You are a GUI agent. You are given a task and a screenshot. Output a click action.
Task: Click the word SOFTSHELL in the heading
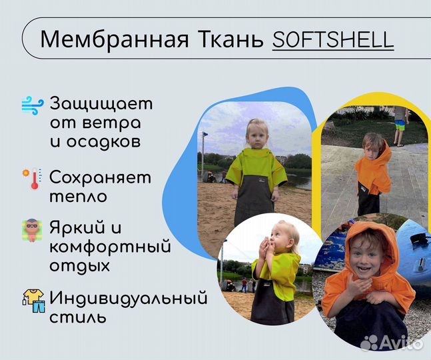tap(332, 39)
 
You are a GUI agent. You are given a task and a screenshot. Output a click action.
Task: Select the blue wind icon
tap(31, 105)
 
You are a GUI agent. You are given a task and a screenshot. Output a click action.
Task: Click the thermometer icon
tap(31, 179)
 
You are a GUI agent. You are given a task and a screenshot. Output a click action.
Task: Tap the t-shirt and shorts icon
tap(31, 298)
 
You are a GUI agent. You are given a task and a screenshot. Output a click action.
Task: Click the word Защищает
tap(101, 105)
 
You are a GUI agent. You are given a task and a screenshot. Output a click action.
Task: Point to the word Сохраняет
tap(101, 179)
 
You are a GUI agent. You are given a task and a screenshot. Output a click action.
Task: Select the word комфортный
tap(111, 247)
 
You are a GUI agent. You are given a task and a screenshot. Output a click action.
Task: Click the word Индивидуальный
tap(129, 298)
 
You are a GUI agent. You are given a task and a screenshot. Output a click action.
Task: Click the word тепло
tap(78, 197)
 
